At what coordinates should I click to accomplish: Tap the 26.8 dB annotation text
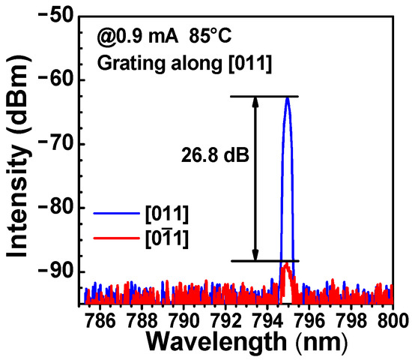tap(212, 157)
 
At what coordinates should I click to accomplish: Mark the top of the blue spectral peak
tap(287, 97)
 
